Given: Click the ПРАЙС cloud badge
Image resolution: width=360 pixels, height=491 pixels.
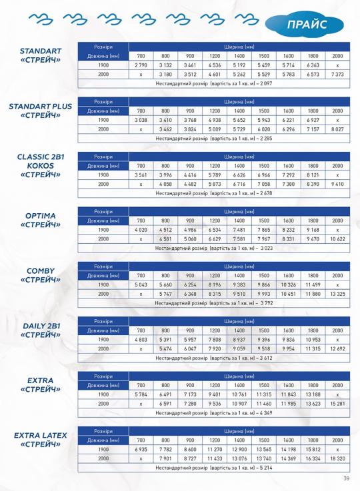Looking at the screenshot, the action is tap(305, 25).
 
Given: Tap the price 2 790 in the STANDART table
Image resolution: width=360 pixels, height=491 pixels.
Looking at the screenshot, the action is tap(141, 65).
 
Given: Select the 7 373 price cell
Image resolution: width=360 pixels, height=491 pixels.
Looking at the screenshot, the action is tap(337, 74).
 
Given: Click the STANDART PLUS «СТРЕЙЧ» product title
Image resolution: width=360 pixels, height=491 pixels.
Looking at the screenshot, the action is tap(41, 111).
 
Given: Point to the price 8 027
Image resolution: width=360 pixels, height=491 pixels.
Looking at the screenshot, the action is tap(337, 129).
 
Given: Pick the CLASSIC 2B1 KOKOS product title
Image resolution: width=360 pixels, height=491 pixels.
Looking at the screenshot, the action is tap(41, 166).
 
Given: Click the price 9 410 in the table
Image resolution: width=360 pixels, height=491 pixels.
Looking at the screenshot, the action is tap(337, 184).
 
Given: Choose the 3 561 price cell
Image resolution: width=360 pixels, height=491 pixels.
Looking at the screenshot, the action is tap(141, 175).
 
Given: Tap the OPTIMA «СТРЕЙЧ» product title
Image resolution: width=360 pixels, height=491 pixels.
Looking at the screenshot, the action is tap(41, 220).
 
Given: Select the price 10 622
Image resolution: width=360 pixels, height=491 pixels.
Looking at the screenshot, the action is tap(337, 239).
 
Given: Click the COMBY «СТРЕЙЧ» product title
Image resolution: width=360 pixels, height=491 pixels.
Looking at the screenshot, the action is tap(41, 275).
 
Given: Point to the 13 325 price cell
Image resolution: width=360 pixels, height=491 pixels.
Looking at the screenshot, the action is tap(337, 294).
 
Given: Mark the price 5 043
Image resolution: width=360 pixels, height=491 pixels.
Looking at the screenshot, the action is tap(141, 284).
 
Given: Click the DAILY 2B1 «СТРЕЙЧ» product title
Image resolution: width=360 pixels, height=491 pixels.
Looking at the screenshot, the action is tap(41, 330).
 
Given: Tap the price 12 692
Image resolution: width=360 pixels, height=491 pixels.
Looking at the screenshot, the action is tap(337, 348).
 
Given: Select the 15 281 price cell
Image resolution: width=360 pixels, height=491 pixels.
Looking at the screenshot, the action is tap(337, 404).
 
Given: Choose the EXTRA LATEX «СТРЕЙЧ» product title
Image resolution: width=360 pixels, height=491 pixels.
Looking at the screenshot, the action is tap(41, 440).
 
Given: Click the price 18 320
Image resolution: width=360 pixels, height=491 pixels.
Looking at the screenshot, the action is tap(337, 458).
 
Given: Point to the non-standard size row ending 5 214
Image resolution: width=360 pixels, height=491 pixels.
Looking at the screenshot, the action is tap(214, 468).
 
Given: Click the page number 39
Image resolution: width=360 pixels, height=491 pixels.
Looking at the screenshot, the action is tap(346, 478).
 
